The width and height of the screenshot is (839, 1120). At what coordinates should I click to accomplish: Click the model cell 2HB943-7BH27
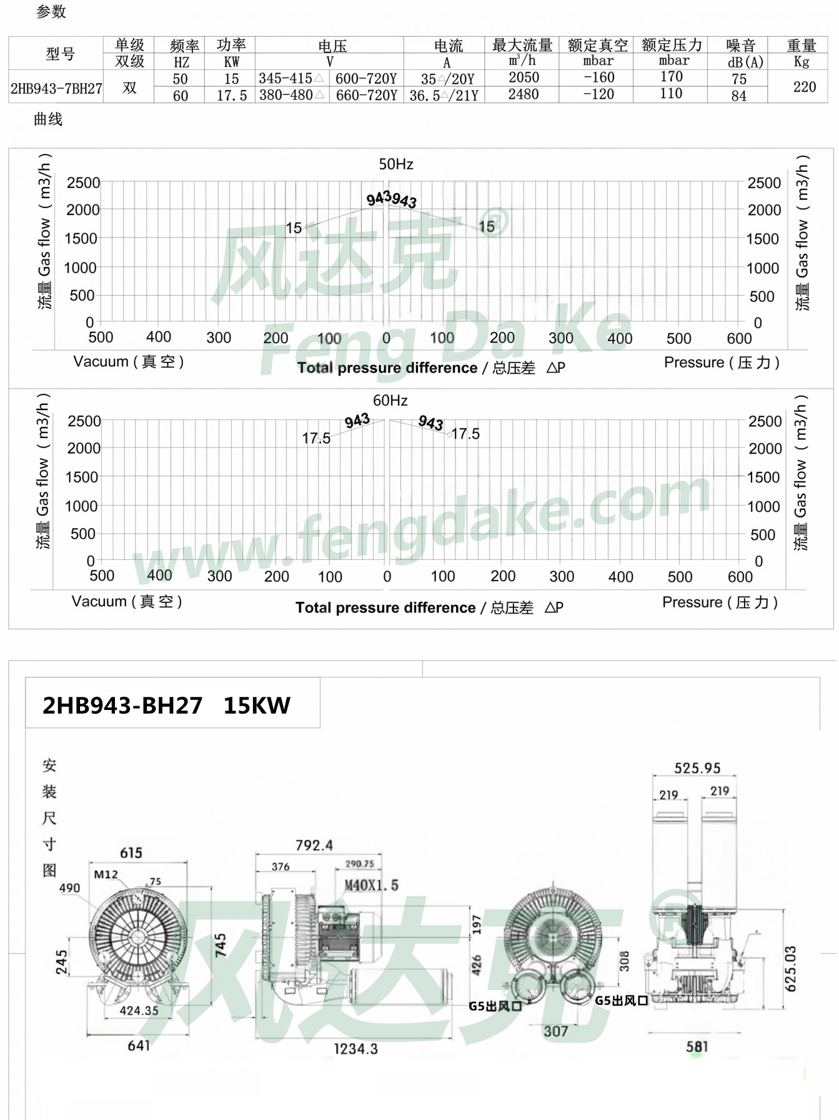click(x=56, y=88)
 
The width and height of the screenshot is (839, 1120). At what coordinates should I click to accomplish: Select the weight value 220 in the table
click(x=804, y=87)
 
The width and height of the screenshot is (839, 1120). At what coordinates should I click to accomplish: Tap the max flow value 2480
click(x=524, y=94)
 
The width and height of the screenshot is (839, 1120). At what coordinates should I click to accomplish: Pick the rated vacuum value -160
click(x=598, y=77)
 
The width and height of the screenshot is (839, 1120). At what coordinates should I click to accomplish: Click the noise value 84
click(x=739, y=96)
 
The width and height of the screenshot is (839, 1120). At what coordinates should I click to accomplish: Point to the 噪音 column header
click(x=741, y=46)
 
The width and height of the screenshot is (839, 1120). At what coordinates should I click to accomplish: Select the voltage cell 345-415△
click(x=292, y=79)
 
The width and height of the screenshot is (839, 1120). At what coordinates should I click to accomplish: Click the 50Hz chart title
click(x=396, y=164)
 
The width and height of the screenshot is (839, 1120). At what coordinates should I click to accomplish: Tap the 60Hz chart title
click(x=390, y=401)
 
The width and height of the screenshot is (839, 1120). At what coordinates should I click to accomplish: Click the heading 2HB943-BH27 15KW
click(x=166, y=706)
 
